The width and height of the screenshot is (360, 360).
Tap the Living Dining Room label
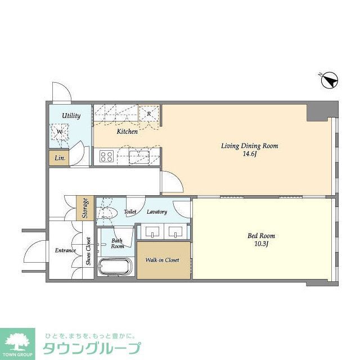249,146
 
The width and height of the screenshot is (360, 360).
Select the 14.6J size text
249,154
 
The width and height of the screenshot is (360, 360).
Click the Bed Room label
262,236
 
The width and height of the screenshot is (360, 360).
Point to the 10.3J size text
262,244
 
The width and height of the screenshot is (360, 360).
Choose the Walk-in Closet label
163,260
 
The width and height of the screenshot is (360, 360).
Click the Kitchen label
127,132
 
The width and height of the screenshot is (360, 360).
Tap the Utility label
71,116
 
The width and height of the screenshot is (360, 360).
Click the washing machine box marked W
60,133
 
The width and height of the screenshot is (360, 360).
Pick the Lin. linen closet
60,159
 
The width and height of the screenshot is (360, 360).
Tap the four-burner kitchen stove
107,156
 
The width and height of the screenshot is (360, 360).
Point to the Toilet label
130,212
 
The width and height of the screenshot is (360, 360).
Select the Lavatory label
157,212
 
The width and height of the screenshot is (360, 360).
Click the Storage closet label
85,208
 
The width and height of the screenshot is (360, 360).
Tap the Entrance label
65,250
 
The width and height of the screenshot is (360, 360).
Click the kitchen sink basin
138,155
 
